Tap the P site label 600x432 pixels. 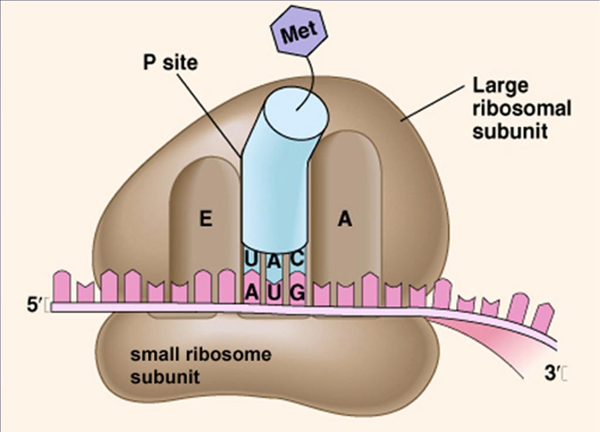pos(171,62)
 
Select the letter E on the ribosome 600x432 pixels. pos(206,219)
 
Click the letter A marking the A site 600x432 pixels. pos(345,219)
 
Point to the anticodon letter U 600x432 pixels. pos(250,259)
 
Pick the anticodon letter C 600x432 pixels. pos(297,258)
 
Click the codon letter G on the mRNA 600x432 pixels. pos(298,293)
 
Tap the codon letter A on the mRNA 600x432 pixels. pos(251,293)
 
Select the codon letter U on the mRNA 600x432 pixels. pos(274,293)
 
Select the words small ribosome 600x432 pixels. pos(201,354)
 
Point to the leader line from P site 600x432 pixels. pos(209,115)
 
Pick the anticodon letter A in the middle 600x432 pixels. pos(274,260)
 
